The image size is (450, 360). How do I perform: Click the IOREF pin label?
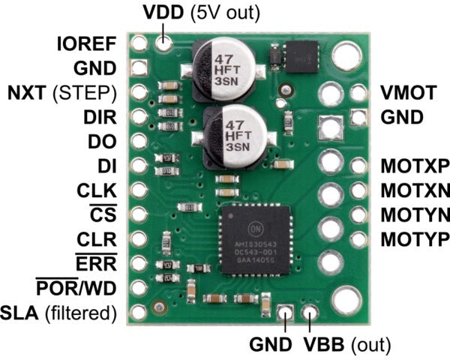86,43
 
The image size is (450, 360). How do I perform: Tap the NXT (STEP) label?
61,94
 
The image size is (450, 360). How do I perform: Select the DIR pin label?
101,118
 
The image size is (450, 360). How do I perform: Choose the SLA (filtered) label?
60,312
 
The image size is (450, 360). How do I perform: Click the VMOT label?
408,94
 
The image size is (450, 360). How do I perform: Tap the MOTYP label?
414,239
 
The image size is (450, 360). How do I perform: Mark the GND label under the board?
270,346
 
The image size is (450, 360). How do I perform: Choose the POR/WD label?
77,288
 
